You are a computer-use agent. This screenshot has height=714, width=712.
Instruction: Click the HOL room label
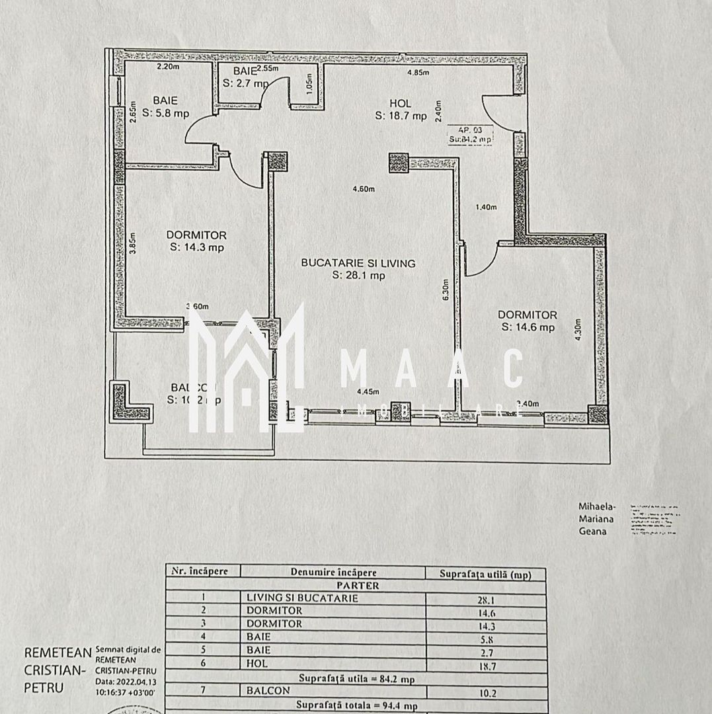[400, 103]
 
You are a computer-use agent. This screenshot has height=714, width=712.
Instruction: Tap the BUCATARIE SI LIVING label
[358, 262]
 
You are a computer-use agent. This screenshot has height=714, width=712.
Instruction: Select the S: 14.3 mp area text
[196, 248]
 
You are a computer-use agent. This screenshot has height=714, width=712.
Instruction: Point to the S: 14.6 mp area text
[528, 327]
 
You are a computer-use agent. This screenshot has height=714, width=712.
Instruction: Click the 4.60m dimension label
[363, 189]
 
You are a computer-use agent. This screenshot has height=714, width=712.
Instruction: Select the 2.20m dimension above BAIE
[168, 67]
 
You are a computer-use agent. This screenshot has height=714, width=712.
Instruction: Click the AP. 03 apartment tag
[469, 130]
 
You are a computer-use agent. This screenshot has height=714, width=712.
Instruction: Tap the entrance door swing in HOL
[495, 112]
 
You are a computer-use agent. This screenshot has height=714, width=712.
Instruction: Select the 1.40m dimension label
[486, 207]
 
